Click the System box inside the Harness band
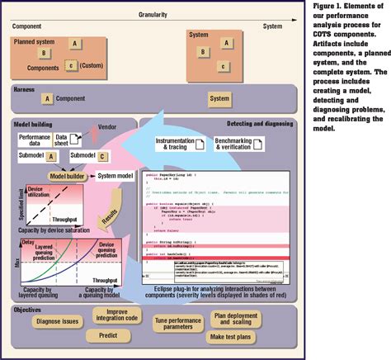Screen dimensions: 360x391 [219, 99]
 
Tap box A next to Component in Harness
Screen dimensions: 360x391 [48, 99]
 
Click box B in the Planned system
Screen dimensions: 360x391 [46, 53]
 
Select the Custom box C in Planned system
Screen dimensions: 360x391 [72, 65]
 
